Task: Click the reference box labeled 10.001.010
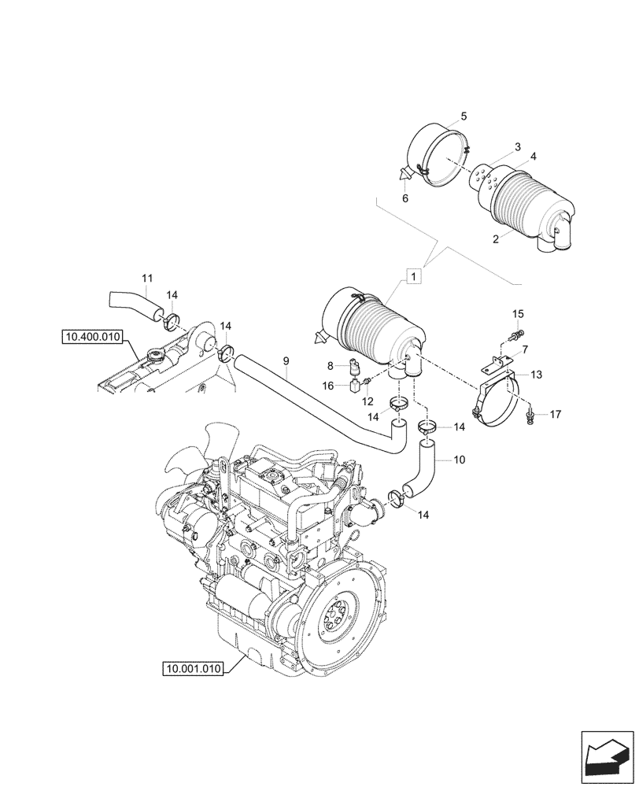tap(192, 669)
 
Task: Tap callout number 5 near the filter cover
tap(464, 116)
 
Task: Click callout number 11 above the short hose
tap(147, 278)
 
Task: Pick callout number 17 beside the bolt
tap(556, 413)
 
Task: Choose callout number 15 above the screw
tap(518, 315)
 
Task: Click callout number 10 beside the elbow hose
tap(460, 458)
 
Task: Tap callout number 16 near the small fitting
tap(329, 385)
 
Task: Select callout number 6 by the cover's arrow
tap(405, 199)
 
